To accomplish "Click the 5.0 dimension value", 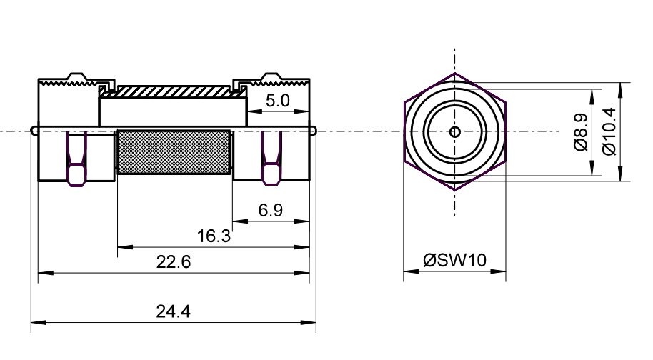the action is point(277,101).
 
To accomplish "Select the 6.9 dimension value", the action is point(271,210).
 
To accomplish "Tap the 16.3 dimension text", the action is point(214,236).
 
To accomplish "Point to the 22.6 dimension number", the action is point(174,262).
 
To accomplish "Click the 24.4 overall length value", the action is point(173,311).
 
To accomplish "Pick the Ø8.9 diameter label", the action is point(581,132).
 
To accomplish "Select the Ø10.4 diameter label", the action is point(609,131).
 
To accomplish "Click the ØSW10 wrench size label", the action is point(455,260).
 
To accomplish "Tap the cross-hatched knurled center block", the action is point(174,152).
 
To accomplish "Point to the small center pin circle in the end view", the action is point(455,132).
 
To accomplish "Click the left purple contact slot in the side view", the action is point(76,159).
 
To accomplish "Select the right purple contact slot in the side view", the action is point(271,158).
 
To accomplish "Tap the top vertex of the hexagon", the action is point(455,74).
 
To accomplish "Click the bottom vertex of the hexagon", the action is point(455,190).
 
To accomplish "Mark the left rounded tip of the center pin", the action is point(31,131).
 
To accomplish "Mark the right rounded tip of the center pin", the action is point(316,131).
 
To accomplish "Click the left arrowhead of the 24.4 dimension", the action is point(37,322).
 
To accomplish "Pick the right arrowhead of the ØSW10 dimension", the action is point(499,271).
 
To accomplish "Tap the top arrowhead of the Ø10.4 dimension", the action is point(621,90).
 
